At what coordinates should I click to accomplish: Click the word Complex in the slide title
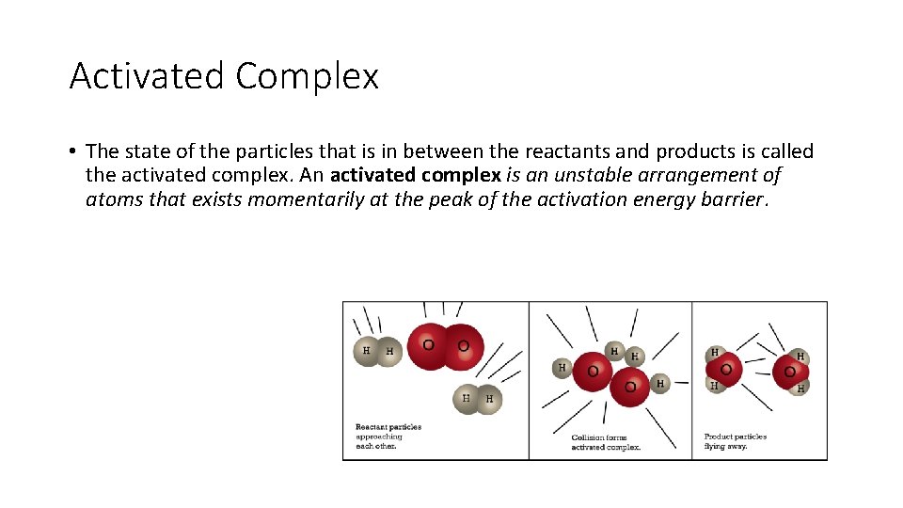(307, 76)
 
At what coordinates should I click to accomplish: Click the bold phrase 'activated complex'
(416, 176)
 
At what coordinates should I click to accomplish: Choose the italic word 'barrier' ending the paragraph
(735, 200)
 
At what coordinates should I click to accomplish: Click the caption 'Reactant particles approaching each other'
(388, 437)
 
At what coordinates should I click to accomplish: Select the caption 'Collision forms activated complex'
(606, 441)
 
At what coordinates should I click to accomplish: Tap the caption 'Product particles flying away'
(735, 440)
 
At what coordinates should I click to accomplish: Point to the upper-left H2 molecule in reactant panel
(377, 351)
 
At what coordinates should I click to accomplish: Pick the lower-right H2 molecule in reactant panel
(477, 399)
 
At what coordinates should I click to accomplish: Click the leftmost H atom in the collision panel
(562, 367)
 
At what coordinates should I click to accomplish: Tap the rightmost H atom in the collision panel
(659, 383)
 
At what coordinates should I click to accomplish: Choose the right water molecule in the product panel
(789, 372)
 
